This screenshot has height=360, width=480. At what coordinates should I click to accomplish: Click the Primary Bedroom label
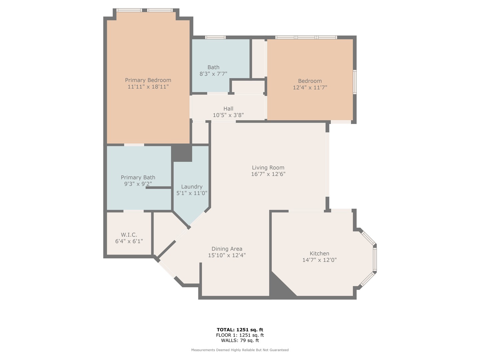pyautogui.click(x=148, y=80)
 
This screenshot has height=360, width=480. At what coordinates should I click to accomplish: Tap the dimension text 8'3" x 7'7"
pyautogui.click(x=213, y=74)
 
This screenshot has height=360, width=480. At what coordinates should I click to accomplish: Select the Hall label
pyautogui.click(x=228, y=109)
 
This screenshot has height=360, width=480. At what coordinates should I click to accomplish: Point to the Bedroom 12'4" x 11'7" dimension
pyautogui.click(x=310, y=88)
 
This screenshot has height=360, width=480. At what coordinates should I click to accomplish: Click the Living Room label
pyautogui.click(x=268, y=168)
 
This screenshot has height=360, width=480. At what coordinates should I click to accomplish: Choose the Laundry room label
pyautogui.click(x=192, y=187)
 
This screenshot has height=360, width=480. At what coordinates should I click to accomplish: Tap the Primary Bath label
pyautogui.click(x=138, y=177)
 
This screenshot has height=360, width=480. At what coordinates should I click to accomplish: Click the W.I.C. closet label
pyautogui.click(x=129, y=235)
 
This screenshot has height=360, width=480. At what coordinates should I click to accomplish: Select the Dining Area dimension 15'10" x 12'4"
pyautogui.click(x=227, y=255)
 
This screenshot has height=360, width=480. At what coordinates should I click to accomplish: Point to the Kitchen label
pyautogui.click(x=319, y=254)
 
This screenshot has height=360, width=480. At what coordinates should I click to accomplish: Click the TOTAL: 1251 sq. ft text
pyautogui.click(x=240, y=330)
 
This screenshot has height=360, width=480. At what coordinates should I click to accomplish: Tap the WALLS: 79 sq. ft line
pyautogui.click(x=240, y=340)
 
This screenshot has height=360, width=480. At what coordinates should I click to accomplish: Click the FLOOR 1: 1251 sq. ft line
pyautogui.click(x=240, y=335)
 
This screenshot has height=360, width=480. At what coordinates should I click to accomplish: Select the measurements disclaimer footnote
pyautogui.click(x=240, y=350)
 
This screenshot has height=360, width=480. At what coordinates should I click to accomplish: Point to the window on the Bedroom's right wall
pyautogui.click(x=355, y=82)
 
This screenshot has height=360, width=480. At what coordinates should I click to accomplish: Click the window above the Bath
pyautogui.click(x=215, y=37)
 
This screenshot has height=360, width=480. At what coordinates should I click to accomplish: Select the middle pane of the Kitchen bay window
pyautogui.click(x=375, y=259)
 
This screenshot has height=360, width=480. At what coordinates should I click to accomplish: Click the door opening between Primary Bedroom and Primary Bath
pyautogui.click(x=134, y=145)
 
